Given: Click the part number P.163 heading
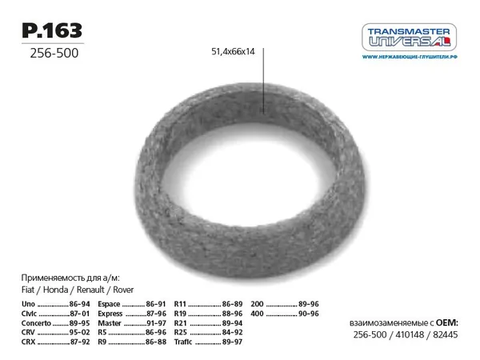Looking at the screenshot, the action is [52, 30].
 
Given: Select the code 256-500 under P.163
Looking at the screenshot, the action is [54, 53].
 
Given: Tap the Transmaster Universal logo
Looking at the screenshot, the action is [409, 37].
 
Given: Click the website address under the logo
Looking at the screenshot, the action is [410, 57].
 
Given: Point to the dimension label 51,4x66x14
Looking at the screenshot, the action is [233, 51].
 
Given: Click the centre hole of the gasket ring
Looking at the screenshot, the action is [249, 174].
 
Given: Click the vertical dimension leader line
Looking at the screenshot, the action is [263, 81].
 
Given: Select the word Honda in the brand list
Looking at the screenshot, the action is [55, 290].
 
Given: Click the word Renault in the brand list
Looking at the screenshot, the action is [90, 290].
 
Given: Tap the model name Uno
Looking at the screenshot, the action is [28, 304].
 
